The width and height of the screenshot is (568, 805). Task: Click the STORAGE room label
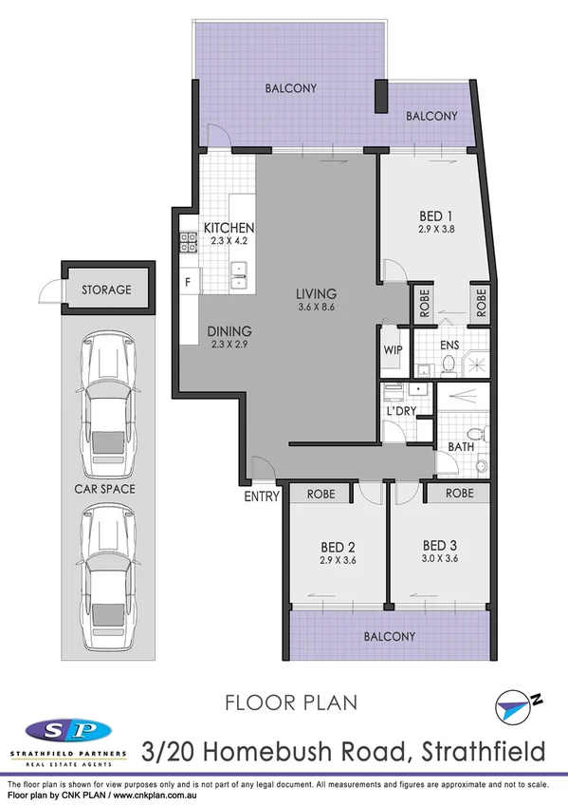(x=105, y=290)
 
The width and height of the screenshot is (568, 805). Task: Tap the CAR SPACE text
(x=105, y=490)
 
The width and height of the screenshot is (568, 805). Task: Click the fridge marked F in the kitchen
(x=188, y=282)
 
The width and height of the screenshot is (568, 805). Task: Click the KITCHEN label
(x=229, y=228)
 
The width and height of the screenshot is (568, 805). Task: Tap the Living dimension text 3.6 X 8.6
(x=316, y=308)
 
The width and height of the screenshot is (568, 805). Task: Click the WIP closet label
(x=394, y=349)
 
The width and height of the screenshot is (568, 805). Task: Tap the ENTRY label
(x=263, y=496)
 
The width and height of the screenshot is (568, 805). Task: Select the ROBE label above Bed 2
(x=320, y=494)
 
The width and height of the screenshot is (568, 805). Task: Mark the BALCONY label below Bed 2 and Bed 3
(x=389, y=636)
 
